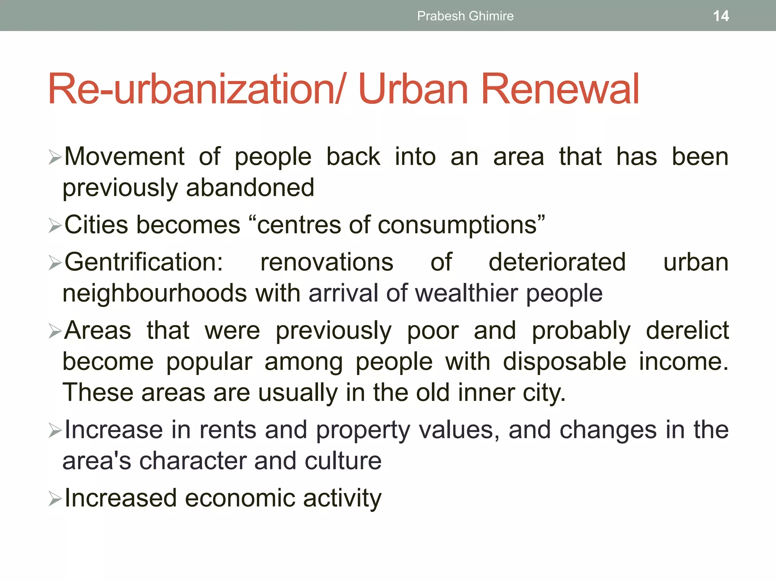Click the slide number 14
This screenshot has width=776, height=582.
point(721,16)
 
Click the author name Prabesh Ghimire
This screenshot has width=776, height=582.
point(465,16)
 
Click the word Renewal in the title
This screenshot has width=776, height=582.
point(560,89)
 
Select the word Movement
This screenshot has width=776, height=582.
point(124,156)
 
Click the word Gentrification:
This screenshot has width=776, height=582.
point(144,262)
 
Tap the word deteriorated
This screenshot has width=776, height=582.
point(557,262)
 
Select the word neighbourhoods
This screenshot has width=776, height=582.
point(155,293)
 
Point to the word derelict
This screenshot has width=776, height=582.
point(687,330)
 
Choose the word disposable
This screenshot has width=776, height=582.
point(565,361)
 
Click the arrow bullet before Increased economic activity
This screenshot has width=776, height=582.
point(55,499)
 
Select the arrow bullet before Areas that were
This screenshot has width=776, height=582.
point(55,331)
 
